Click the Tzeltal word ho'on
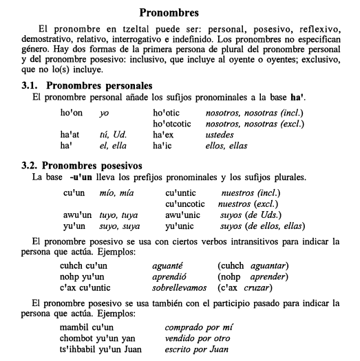click(72, 112)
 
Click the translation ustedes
click(220, 135)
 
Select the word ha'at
click(70, 135)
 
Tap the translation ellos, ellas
click(226, 146)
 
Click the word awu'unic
click(183, 215)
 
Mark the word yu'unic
click(180, 226)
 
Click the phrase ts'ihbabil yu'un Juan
click(97, 349)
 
